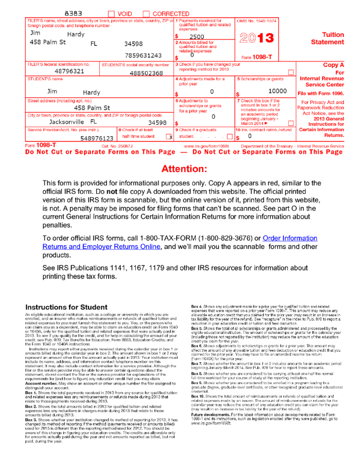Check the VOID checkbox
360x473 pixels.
click(112, 14)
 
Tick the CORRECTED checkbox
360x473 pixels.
click(146, 14)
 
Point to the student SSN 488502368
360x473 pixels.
click(146, 73)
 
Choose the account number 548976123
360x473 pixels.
click(97, 138)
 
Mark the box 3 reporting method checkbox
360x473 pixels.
click(291, 72)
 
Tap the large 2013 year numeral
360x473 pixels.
click(257, 38)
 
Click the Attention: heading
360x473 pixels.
click(184, 169)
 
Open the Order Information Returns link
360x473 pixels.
click(290, 238)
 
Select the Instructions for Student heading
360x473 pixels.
click(66, 307)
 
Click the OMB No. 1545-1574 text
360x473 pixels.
click(257, 20)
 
